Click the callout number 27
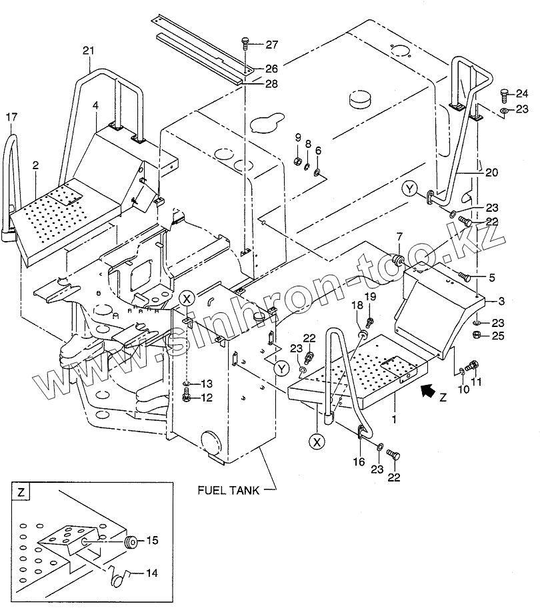pos(272,45)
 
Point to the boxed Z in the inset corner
pos(22,493)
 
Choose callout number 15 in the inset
pos(152,541)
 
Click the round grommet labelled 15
pos(131,541)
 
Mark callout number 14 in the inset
pos(152,572)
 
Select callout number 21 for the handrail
pos(89,51)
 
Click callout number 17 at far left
pos(11,117)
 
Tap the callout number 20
pos(491,172)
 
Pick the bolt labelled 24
pos(504,95)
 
